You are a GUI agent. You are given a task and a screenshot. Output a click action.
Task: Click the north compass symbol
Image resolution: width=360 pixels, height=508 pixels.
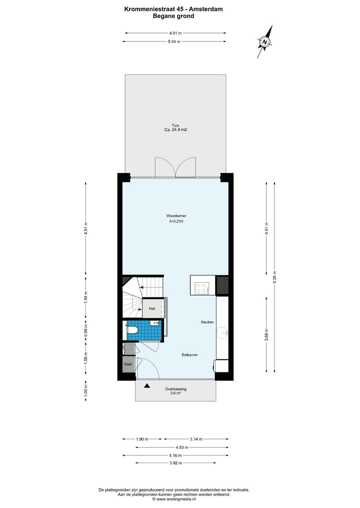pyautogui.click(x=265, y=42)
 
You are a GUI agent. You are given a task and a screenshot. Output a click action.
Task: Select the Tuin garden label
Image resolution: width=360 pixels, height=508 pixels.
pyautogui.click(x=175, y=125)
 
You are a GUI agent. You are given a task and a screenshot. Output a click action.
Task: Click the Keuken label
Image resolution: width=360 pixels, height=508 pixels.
pyautogui.click(x=207, y=322)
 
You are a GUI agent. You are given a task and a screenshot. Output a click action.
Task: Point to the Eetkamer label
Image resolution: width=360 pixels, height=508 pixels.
pyautogui.click(x=189, y=355)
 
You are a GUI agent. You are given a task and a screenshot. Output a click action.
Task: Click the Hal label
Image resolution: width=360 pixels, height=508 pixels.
pyautogui.click(x=152, y=309)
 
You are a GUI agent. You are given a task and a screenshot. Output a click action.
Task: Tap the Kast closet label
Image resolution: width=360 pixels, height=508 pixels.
pyautogui.click(x=128, y=365)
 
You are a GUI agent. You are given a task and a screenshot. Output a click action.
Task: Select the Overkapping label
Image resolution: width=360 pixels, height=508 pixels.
pyautogui.click(x=175, y=389)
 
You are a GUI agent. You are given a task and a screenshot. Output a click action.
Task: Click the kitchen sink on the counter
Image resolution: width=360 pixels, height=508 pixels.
pyautogui.click(x=223, y=332)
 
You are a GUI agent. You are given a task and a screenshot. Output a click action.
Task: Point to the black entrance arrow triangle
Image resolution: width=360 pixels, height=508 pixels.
pyautogui.click(x=147, y=386)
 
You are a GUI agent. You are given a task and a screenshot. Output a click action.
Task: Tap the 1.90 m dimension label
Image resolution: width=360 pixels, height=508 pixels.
pyautogui.click(x=142, y=439)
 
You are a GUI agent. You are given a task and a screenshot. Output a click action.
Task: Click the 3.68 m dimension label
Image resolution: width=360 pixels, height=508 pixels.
pyautogui.click(x=267, y=333)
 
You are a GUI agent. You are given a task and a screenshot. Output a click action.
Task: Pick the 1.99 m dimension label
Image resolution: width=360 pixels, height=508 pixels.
pyautogui.click(x=86, y=299)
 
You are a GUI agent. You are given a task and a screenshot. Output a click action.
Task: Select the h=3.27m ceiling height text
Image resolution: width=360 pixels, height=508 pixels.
pyautogui.click(x=176, y=221)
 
